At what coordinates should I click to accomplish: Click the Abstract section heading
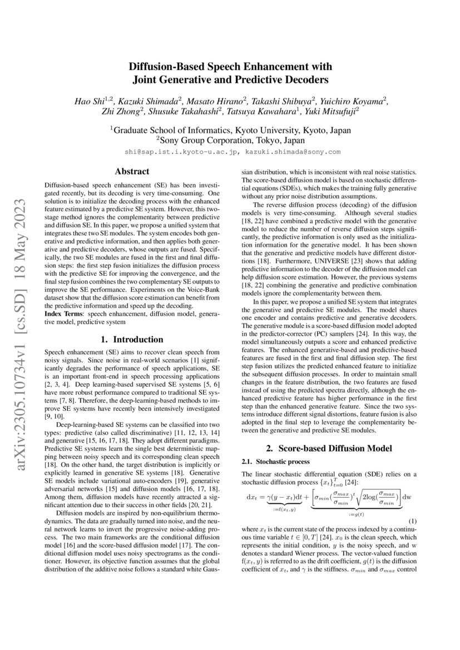(132, 172)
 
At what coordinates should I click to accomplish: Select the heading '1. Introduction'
(132, 339)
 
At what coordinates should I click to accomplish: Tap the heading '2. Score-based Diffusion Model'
(329, 448)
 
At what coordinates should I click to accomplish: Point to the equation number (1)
(412, 520)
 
